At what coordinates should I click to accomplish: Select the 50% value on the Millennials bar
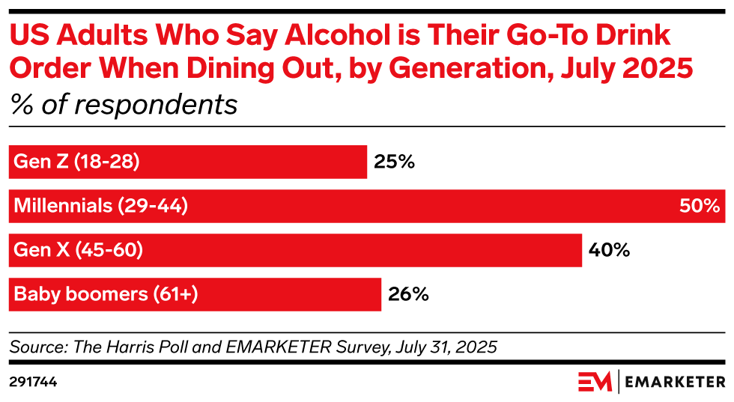point(700,206)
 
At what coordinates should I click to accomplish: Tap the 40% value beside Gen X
point(610,250)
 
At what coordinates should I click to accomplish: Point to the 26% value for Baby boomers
point(408,294)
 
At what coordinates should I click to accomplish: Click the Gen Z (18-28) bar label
point(76,162)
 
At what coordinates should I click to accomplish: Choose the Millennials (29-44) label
point(100,206)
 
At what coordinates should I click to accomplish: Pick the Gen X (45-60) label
point(78,250)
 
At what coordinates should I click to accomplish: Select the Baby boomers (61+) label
point(106,294)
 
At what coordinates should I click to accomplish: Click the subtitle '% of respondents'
point(124,104)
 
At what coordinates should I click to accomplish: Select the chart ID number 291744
point(33,382)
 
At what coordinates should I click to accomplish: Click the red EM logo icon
point(595,382)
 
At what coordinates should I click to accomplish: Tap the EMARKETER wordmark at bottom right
point(674,382)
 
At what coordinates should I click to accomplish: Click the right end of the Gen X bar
point(580,250)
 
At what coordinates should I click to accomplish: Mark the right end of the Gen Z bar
point(366,162)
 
